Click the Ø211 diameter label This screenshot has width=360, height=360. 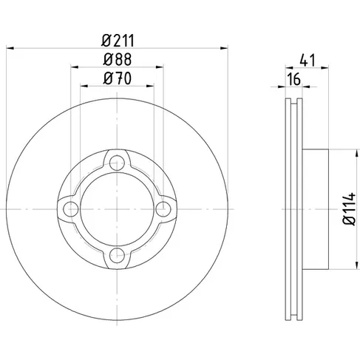[x=118, y=41]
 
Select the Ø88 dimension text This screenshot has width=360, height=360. [x=118, y=60]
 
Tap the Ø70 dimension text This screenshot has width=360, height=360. [x=118, y=78]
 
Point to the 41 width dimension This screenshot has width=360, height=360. [x=308, y=61]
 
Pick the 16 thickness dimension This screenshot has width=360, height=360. [x=294, y=79]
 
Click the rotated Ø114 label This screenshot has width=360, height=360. [x=349, y=209]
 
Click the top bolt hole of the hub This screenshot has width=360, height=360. [x=117, y=163]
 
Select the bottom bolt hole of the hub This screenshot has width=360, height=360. [x=117, y=255]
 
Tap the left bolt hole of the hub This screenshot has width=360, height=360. [x=71, y=209]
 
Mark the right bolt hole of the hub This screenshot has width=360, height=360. [x=163, y=209]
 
